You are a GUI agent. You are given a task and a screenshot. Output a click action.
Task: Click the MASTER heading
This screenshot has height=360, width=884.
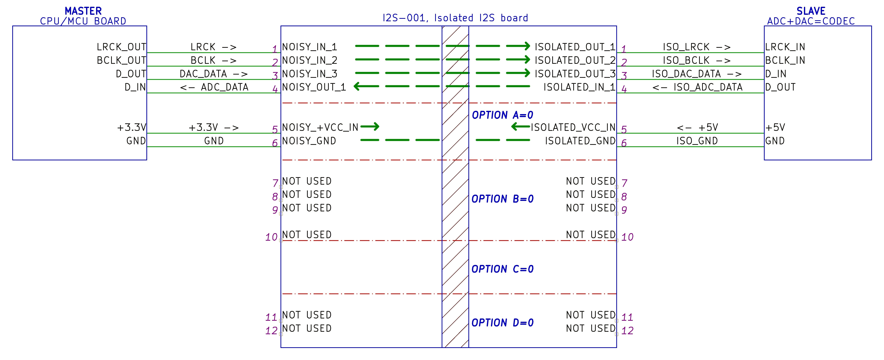(x=83, y=11)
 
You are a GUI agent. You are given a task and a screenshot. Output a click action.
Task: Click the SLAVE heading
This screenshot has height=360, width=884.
(x=811, y=11)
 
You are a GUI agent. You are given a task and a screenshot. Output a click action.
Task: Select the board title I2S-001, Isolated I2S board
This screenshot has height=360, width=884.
(x=455, y=18)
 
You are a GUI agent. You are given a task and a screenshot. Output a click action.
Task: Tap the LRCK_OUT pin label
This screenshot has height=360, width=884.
(x=122, y=47)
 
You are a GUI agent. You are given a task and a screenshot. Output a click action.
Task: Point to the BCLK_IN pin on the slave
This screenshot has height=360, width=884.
(x=785, y=60)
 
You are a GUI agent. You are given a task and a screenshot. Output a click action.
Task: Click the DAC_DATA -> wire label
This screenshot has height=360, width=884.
(x=213, y=74)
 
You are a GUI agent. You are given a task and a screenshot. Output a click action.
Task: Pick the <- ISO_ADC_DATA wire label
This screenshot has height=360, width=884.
(x=697, y=87)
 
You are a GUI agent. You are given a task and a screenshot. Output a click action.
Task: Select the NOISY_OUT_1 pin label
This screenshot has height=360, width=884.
(x=314, y=87)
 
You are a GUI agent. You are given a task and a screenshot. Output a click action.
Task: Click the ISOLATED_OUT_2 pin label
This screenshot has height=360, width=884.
(x=575, y=60)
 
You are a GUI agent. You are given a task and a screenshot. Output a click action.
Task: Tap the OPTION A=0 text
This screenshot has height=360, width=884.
(x=503, y=115)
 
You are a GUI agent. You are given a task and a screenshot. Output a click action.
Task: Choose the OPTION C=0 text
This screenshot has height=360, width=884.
(x=503, y=269)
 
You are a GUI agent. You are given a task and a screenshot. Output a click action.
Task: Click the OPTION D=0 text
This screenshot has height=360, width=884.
(x=503, y=322)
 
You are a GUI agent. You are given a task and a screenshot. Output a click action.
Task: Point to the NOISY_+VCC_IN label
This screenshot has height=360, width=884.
(x=320, y=127)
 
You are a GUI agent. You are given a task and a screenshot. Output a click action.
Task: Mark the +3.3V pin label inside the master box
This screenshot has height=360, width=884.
(x=132, y=127)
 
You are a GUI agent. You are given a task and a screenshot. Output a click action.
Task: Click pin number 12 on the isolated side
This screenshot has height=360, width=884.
(x=628, y=330)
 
